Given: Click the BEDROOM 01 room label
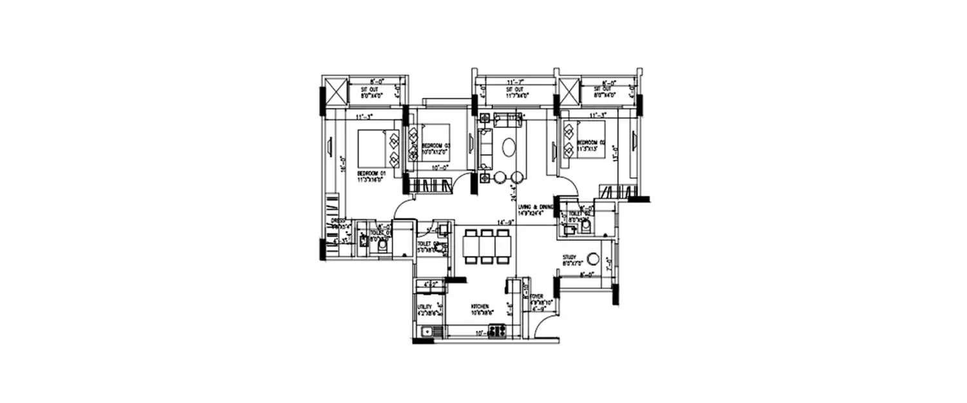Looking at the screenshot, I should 371,173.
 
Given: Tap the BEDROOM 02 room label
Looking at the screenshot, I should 591,142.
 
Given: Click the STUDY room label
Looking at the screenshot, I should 569,257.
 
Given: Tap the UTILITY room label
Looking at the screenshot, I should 424,307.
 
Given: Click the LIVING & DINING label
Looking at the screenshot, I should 536,206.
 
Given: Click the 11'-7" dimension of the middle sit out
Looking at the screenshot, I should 514,83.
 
